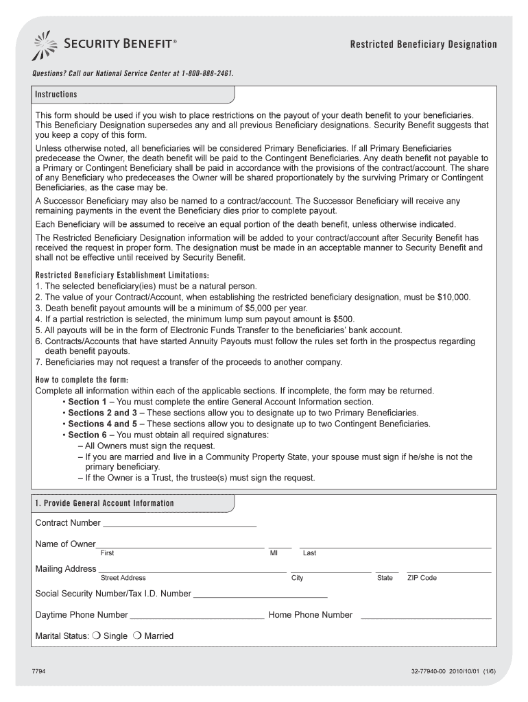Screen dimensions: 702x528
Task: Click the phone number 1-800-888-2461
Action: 211,73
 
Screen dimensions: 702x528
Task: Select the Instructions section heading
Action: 56,95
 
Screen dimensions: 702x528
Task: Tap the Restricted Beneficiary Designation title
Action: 423,45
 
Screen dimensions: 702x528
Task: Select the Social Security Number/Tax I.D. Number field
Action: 261,594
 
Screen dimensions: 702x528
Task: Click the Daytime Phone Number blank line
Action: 197,614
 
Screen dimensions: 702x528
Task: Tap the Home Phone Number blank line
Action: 426,614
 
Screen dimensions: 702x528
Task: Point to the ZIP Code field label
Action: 422,578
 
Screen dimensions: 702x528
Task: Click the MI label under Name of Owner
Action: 274,553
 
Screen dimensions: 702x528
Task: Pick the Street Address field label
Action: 123,578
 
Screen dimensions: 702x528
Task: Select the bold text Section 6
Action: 88,435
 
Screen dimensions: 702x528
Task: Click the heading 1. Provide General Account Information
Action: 104,503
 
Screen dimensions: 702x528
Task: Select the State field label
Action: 385,578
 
